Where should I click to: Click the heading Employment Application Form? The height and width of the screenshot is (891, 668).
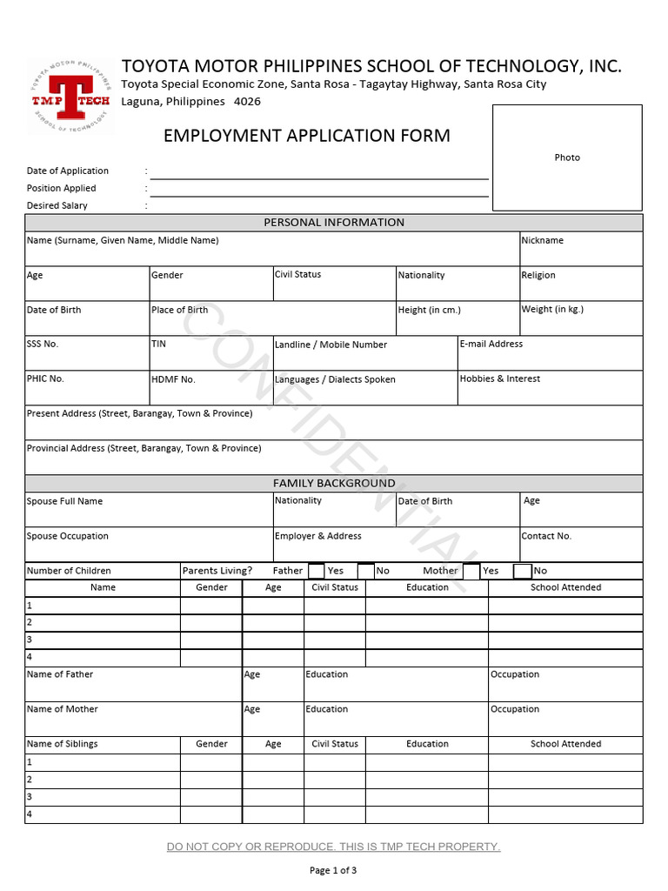coord(307,136)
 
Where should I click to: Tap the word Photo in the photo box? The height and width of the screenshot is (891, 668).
coord(567,157)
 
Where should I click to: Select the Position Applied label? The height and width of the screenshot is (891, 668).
coord(62,188)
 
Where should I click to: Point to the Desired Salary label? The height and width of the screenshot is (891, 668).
coord(57,205)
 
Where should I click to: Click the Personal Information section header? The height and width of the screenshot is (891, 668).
coord(334,223)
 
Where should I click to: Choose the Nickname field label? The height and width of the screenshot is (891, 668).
coord(542,240)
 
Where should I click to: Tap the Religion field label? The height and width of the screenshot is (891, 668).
coord(538,275)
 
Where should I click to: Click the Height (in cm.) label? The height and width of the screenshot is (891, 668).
coord(429,310)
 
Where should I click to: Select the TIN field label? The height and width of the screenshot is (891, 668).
coord(158,344)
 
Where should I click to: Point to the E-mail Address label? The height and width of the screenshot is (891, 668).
coord(491,344)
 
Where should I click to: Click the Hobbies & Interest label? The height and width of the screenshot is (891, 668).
coord(499,379)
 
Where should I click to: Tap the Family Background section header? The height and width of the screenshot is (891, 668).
coord(334,483)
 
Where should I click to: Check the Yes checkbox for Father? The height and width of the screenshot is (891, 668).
coord(317,571)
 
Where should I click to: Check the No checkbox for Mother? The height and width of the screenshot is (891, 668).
coord(522,571)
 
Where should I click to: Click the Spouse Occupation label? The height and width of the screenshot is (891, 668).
coord(68,536)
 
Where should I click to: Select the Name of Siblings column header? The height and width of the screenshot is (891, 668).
coord(63,744)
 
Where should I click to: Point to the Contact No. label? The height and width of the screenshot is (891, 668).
coord(546,536)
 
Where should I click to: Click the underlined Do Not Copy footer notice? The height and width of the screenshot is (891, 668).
coord(333,847)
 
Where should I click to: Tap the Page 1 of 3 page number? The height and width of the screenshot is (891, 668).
coord(333,870)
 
